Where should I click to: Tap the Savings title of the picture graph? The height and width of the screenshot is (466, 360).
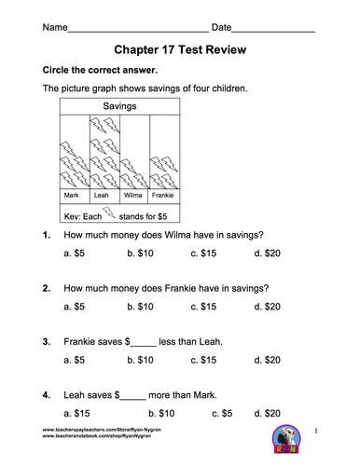coord(119,106)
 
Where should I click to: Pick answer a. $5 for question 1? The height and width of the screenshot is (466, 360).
coord(74,253)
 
